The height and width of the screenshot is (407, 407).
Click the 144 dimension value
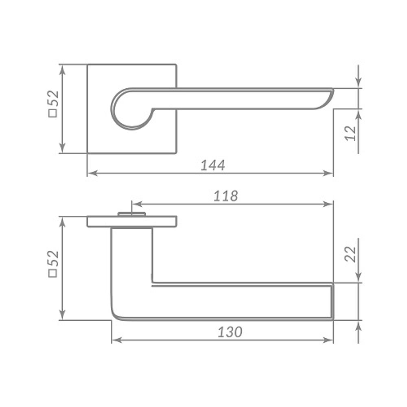coord(212,165)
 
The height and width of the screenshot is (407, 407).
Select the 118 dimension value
coord(225,196)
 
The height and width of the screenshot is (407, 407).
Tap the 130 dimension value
coord(230,332)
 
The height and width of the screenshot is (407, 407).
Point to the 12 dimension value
coord(350,133)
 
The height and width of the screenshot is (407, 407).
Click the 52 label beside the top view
coord(54,98)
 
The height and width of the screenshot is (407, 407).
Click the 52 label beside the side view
coord(54,258)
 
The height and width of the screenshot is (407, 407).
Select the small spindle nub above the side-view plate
coord(131,214)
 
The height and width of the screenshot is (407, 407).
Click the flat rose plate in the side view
coord(131,222)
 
